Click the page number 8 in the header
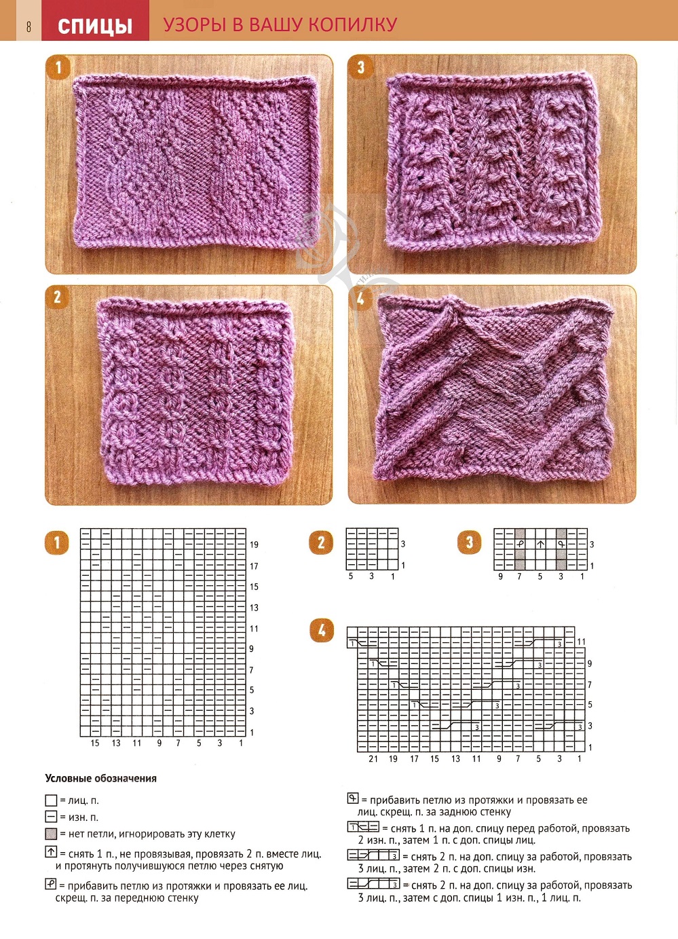(x=29, y=26)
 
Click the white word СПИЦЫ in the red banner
(x=95, y=26)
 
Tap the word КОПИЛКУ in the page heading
(x=353, y=24)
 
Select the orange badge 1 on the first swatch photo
(x=58, y=67)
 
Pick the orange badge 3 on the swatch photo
(x=360, y=67)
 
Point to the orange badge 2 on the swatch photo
(x=58, y=297)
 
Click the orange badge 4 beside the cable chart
(x=322, y=630)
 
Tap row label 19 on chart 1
(x=254, y=545)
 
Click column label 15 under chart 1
(x=95, y=743)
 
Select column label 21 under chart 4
(x=373, y=759)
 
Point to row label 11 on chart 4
(x=581, y=642)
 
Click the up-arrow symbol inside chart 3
(x=540, y=544)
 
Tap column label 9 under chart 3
(x=501, y=577)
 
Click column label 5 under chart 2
(x=351, y=576)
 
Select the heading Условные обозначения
(x=100, y=779)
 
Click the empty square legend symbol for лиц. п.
(x=51, y=800)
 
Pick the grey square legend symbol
(x=51, y=834)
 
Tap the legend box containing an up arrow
(x=51, y=852)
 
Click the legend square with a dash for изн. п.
(x=51, y=817)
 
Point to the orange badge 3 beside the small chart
(x=469, y=542)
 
